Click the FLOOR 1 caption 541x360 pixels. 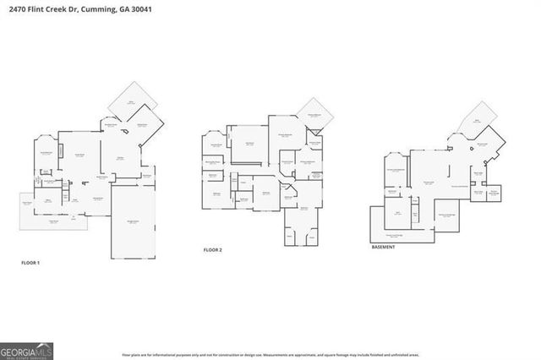coord(30,263)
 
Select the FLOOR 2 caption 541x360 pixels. coord(212,250)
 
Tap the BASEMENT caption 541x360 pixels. coord(385,247)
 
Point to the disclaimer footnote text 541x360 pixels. coord(270,355)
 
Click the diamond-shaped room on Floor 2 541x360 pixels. coord(314,116)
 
